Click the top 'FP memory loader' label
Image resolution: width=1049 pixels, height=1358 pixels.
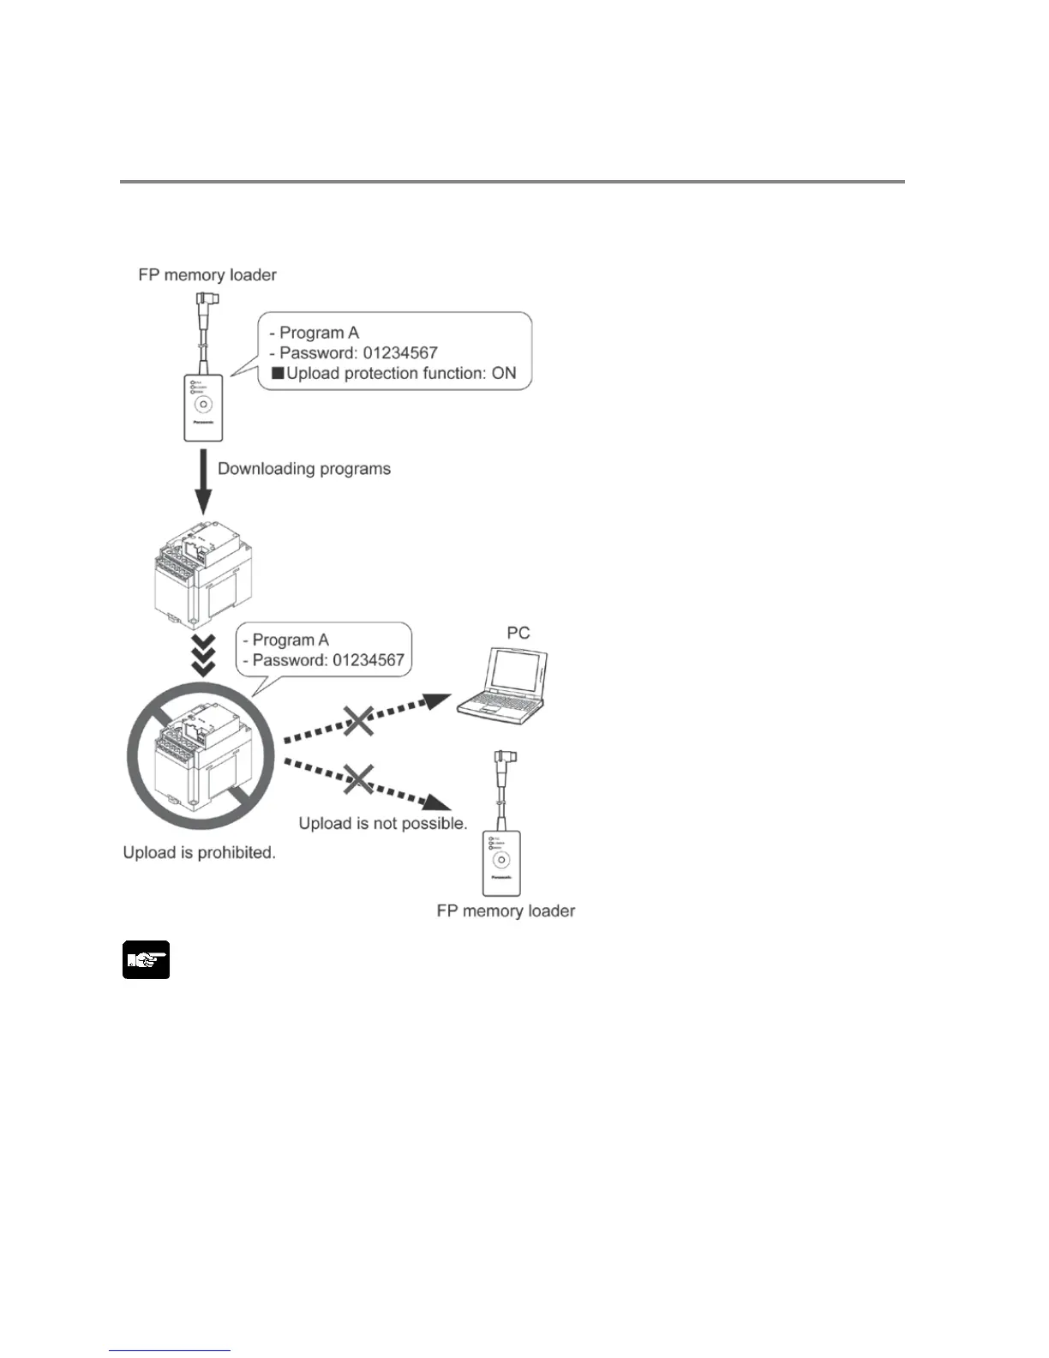pyautogui.click(x=207, y=275)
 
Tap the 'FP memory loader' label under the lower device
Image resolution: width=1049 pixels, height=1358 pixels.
pyautogui.click(x=506, y=911)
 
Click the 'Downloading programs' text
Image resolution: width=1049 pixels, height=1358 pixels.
pyautogui.click(x=304, y=469)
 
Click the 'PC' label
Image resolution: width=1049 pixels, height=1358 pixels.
pyautogui.click(x=519, y=633)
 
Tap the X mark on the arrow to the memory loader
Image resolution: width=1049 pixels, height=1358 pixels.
pyautogui.click(x=359, y=778)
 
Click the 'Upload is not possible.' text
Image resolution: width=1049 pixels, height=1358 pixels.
pyautogui.click(x=383, y=824)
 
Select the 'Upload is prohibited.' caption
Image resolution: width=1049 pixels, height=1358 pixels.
pyautogui.click(x=199, y=853)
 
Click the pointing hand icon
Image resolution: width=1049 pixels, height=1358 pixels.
pyautogui.click(x=146, y=960)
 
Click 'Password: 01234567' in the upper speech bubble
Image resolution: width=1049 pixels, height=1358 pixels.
pyautogui.click(x=358, y=353)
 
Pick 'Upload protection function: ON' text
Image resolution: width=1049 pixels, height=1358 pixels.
pyautogui.click(x=400, y=374)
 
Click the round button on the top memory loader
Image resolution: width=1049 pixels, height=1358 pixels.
pyautogui.click(x=203, y=405)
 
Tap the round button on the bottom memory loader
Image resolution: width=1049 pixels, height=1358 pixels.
pyautogui.click(x=501, y=860)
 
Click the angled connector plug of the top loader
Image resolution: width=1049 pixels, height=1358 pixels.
pyautogui.click(x=209, y=299)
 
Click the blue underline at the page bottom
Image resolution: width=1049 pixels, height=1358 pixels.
pyautogui.click(x=170, y=1350)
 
